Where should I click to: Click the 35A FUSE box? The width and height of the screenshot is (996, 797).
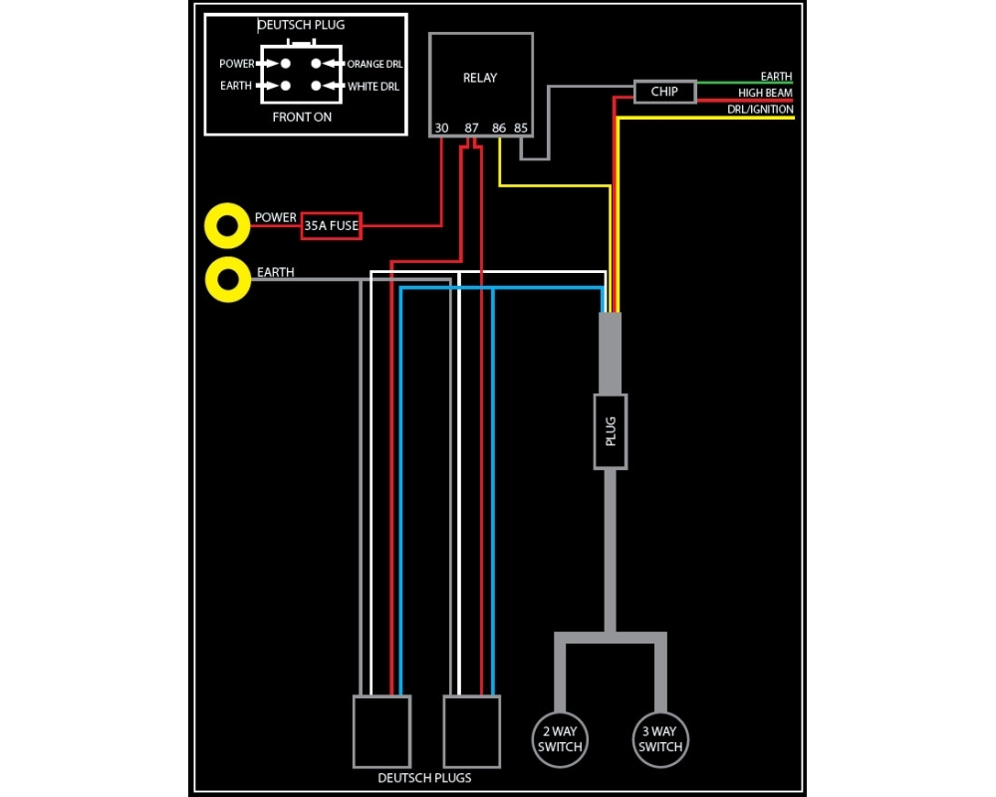331,226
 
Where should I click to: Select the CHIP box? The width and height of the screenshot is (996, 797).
664,92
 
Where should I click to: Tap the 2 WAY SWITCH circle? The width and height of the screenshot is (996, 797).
560,739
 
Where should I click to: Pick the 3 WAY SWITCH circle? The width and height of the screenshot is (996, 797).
660,739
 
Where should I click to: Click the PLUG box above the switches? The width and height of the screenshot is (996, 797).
611,430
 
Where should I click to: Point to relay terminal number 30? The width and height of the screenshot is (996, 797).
441,128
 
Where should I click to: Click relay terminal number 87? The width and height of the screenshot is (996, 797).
471,128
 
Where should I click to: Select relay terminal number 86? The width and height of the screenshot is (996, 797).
499,128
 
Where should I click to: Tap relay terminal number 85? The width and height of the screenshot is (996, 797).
520,128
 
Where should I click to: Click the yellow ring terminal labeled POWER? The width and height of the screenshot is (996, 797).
226,227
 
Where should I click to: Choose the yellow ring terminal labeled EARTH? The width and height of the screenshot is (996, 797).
226,280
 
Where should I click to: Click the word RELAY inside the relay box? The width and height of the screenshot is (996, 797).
480,78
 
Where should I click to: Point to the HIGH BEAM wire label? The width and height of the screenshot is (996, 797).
765,94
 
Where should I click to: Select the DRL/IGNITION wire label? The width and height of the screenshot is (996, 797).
760,110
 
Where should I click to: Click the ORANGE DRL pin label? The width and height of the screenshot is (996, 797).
373,64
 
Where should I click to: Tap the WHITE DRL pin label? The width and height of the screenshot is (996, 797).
373,87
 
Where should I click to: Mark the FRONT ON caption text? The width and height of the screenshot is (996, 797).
302,118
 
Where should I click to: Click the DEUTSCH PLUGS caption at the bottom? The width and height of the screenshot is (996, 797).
424,778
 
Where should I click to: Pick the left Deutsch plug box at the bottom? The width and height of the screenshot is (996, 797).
381,731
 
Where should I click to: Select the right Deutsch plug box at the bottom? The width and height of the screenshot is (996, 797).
471,731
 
